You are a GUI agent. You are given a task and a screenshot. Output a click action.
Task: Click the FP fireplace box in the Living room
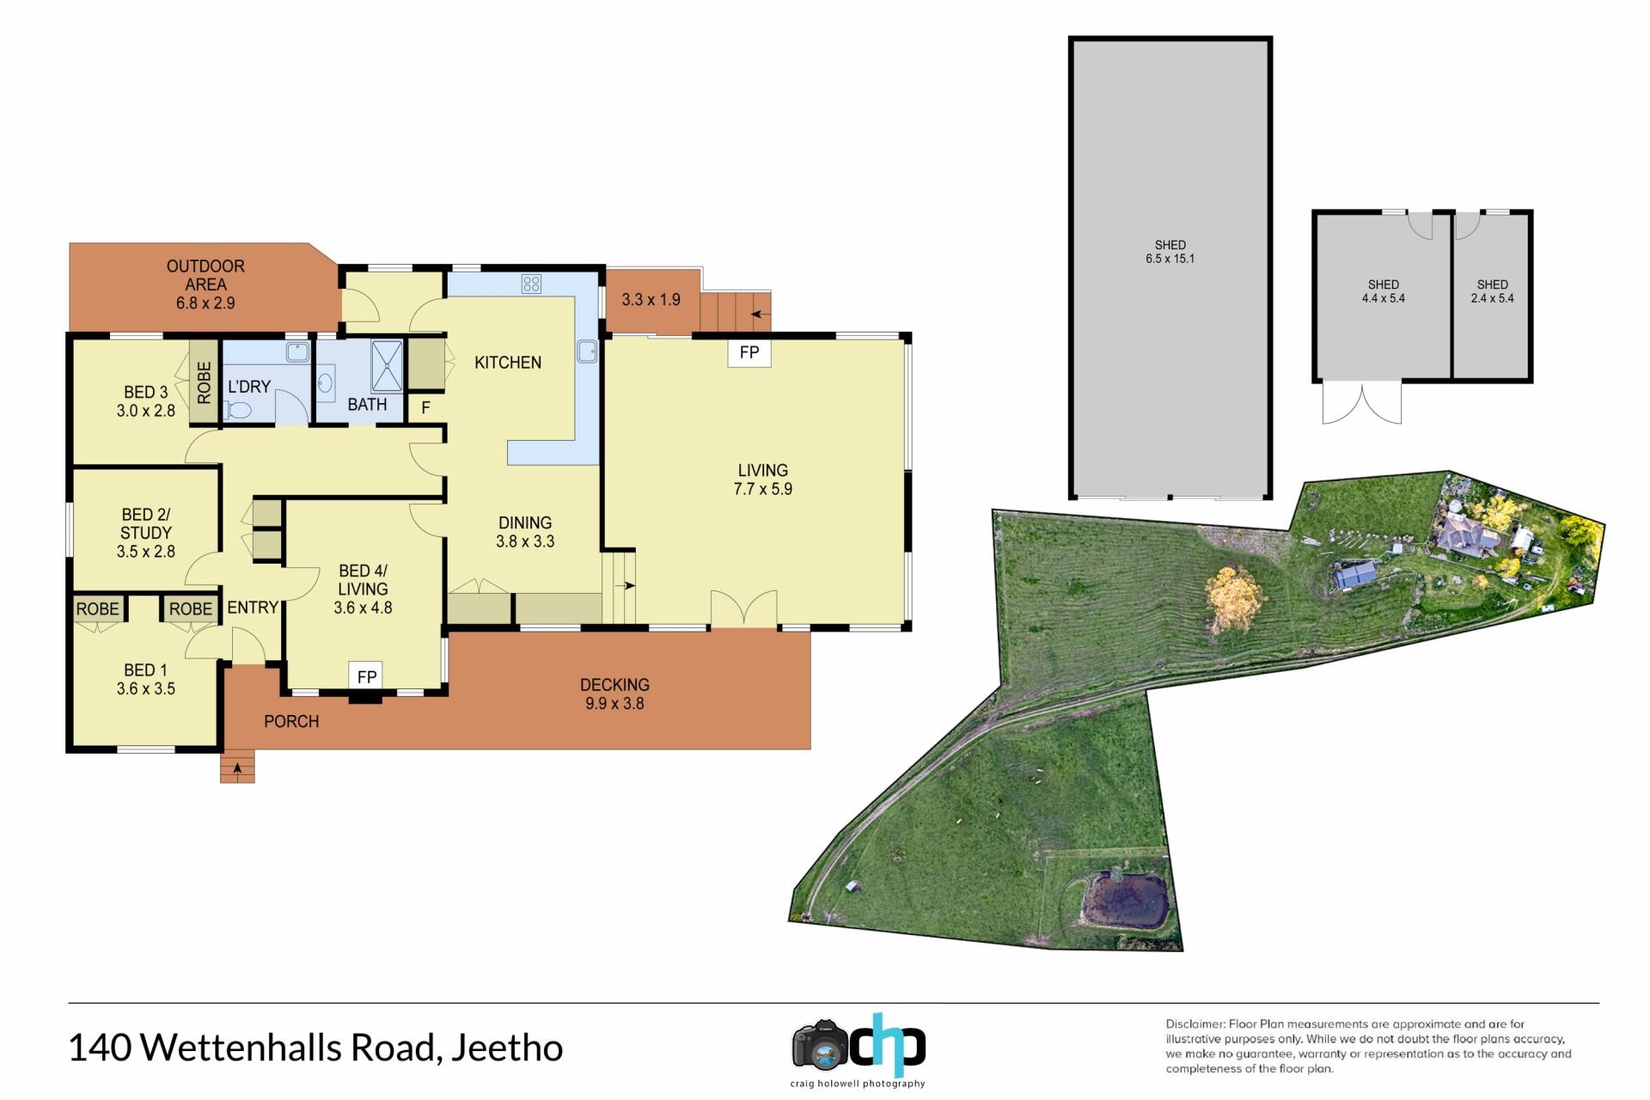click(x=749, y=352)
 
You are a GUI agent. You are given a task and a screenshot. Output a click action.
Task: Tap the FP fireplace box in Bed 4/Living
click(x=367, y=676)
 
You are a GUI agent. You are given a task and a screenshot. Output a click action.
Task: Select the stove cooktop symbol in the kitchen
click(x=531, y=284)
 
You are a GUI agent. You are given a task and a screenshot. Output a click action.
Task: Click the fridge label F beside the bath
click(x=425, y=408)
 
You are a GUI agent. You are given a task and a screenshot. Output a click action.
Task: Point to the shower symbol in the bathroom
click(x=386, y=366)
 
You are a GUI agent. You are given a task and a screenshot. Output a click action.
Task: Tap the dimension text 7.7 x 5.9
click(x=763, y=489)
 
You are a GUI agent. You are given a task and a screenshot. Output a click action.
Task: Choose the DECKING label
click(x=614, y=685)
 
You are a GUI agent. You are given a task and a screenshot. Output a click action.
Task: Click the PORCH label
click(x=291, y=722)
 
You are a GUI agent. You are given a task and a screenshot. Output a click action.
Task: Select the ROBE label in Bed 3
click(x=204, y=382)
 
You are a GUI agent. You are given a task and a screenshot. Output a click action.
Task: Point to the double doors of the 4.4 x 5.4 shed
click(x=1362, y=403)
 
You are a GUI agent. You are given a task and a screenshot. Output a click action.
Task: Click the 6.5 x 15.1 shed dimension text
click(x=1170, y=259)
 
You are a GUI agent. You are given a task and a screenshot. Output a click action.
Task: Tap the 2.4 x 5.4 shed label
click(x=1493, y=291)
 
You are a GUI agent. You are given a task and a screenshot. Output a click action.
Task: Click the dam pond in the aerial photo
click(x=1125, y=901)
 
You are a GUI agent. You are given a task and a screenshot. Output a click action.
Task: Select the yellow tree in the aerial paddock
click(x=1235, y=599)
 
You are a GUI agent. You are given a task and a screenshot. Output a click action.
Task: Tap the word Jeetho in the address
click(x=507, y=1048)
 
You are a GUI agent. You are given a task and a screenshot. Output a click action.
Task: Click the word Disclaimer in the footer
click(x=1195, y=1024)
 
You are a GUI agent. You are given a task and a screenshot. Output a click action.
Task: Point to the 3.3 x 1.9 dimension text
click(x=651, y=300)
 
